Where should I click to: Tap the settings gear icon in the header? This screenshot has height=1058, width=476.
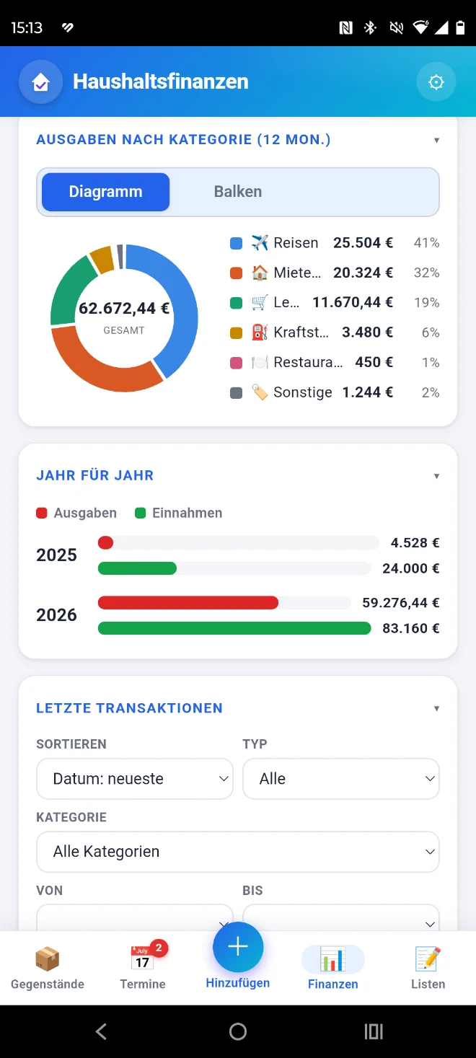coord(436,82)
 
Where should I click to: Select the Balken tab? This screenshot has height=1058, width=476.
coord(237,192)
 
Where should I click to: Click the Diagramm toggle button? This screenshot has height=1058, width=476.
coord(106,192)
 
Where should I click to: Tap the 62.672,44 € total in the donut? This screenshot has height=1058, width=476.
coord(124,308)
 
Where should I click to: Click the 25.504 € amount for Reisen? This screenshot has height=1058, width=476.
coord(363,243)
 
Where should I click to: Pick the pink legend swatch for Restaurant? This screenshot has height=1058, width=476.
coord(236,363)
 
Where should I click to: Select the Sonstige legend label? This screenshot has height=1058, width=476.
coord(303,392)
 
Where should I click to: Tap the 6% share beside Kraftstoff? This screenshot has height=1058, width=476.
coord(430,332)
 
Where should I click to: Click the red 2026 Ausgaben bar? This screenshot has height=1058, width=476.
coord(188,603)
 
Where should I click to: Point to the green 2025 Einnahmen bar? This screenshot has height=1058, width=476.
coord(137,568)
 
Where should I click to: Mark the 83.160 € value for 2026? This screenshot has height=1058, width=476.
coord(411,628)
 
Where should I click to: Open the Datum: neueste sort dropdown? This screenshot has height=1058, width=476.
coord(135,779)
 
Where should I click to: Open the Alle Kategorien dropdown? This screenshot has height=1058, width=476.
coord(238,852)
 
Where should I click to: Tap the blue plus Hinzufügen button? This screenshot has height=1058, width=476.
coord(238,946)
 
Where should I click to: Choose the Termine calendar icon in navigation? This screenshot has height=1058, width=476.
coord(142,958)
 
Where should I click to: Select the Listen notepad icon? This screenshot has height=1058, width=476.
coord(428,958)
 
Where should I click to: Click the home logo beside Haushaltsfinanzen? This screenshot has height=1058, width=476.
coord(40,82)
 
